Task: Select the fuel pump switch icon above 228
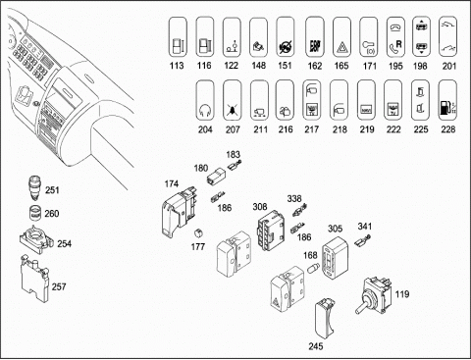tap(447, 101)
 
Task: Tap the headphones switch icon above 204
tap(205, 101)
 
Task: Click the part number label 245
tap(316, 346)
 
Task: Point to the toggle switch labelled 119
tap(374, 295)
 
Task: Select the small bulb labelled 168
tap(312, 269)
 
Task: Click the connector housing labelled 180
tap(216, 176)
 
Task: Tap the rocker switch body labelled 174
tap(179, 210)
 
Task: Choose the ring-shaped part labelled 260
tap(35, 213)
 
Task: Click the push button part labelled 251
tap(35, 187)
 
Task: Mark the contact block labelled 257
tap(34, 279)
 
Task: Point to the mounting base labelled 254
tap(35, 239)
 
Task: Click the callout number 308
tap(260, 207)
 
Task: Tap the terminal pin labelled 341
tap(363, 241)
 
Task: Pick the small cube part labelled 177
tap(198, 232)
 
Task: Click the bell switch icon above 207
tap(233, 101)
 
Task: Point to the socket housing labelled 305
tap(335, 257)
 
